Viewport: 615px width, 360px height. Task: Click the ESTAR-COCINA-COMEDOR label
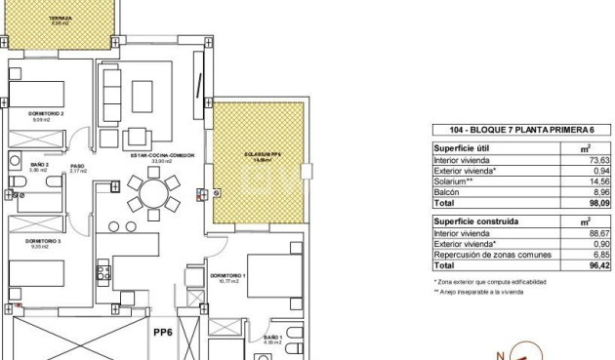[x=157, y=155]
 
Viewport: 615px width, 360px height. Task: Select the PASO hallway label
[x=77, y=167]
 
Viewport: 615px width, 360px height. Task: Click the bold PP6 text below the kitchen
[x=162, y=332]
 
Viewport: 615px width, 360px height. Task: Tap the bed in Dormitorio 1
[x=272, y=279]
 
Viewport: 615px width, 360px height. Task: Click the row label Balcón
[x=448, y=193]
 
